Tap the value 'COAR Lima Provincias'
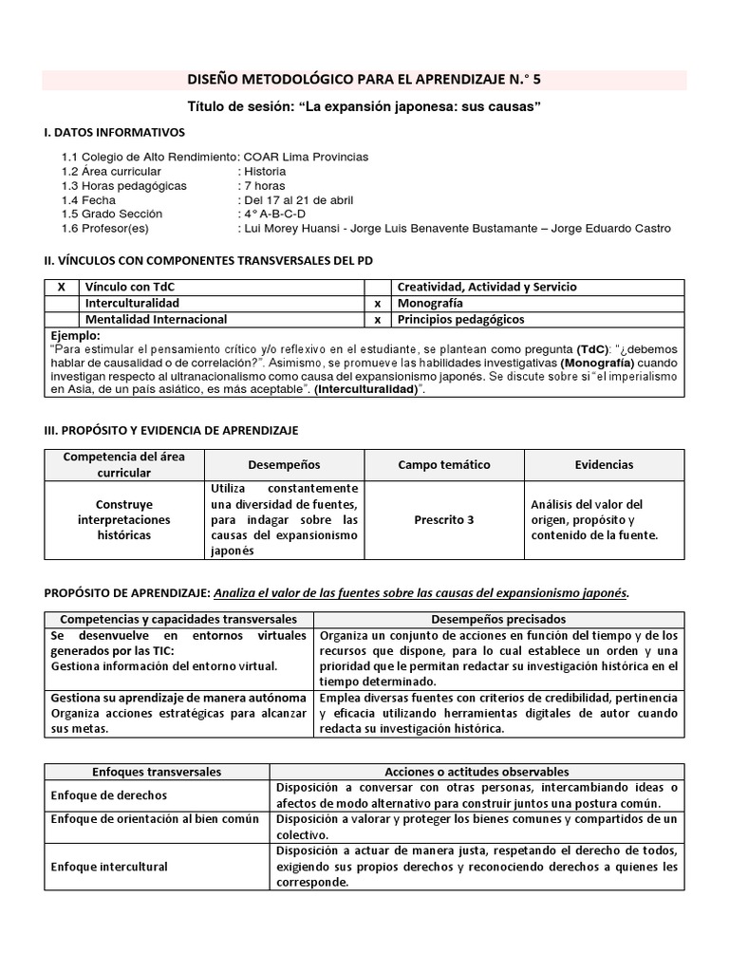[306, 157]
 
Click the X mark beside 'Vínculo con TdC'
[62, 287]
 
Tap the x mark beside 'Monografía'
[377, 303]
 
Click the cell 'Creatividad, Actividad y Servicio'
[486, 287]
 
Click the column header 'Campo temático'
[444, 465]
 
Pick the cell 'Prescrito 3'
[444, 519]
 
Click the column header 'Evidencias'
[604, 465]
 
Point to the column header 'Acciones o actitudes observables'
[477, 772]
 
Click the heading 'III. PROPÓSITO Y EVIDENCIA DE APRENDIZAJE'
[171, 430]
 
